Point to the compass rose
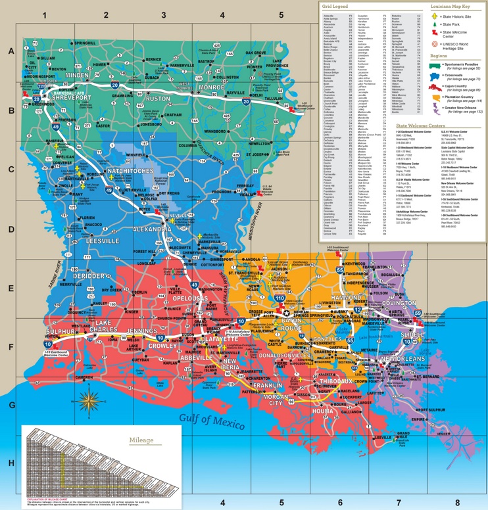click(x=89, y=396)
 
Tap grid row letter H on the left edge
click(x=11, y=463)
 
